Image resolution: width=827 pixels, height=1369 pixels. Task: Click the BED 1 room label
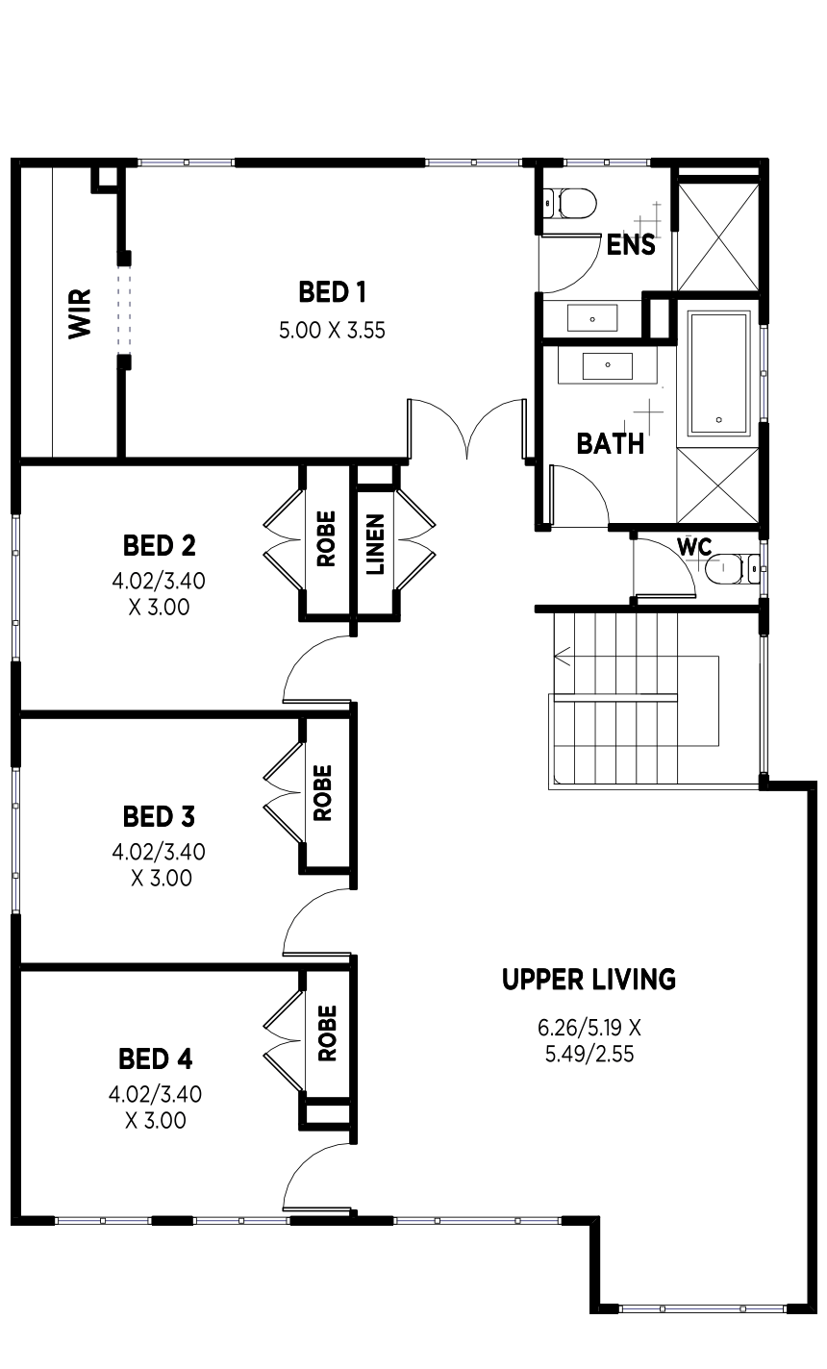[332, 292]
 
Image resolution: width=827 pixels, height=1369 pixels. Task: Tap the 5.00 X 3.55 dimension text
[332, 331]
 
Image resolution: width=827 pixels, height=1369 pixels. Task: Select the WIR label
[80, 313]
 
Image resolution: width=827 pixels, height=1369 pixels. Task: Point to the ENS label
[631, 245]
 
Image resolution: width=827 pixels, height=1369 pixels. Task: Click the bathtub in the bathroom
[718, 373]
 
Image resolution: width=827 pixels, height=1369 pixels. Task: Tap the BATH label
[611, 444]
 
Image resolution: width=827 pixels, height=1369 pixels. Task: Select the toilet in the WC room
[733, 568]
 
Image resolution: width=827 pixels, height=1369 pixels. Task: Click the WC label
[694, 547]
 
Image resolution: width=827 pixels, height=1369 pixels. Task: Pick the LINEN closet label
[375, 544]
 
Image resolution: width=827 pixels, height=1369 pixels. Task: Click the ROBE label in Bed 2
[326, 539]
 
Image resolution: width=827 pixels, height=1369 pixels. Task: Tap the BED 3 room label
[159, 816]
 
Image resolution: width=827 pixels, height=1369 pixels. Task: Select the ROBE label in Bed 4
[327, 1033]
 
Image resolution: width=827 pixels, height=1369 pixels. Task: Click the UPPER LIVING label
[589, 979]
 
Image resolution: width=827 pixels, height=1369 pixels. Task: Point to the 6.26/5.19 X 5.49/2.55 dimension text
[589, 1041]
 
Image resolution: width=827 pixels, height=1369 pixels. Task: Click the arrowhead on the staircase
[563, 657]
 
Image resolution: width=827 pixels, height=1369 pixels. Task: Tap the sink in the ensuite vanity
[592, 318]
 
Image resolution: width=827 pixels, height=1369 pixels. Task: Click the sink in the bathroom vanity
[608, 365]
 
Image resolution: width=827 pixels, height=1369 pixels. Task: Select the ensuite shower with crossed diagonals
[718, 236]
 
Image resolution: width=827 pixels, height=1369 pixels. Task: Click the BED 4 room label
[155, 1059]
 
